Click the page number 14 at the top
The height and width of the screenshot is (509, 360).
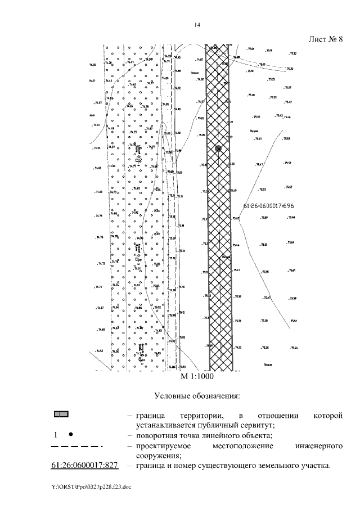tap(197, 25)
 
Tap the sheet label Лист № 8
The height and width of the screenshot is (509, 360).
tap(326, 39)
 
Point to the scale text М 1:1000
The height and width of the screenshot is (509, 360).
tap(197, 376)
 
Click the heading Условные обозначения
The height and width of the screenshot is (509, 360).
tap(197, 397)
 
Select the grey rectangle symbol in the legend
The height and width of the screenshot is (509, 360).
tap(61, 415)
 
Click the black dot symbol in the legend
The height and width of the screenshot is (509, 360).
tap(70, 435)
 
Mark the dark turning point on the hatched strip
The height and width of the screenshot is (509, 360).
tap(219, 148)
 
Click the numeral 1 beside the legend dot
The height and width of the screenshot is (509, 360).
tap(56, 435)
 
